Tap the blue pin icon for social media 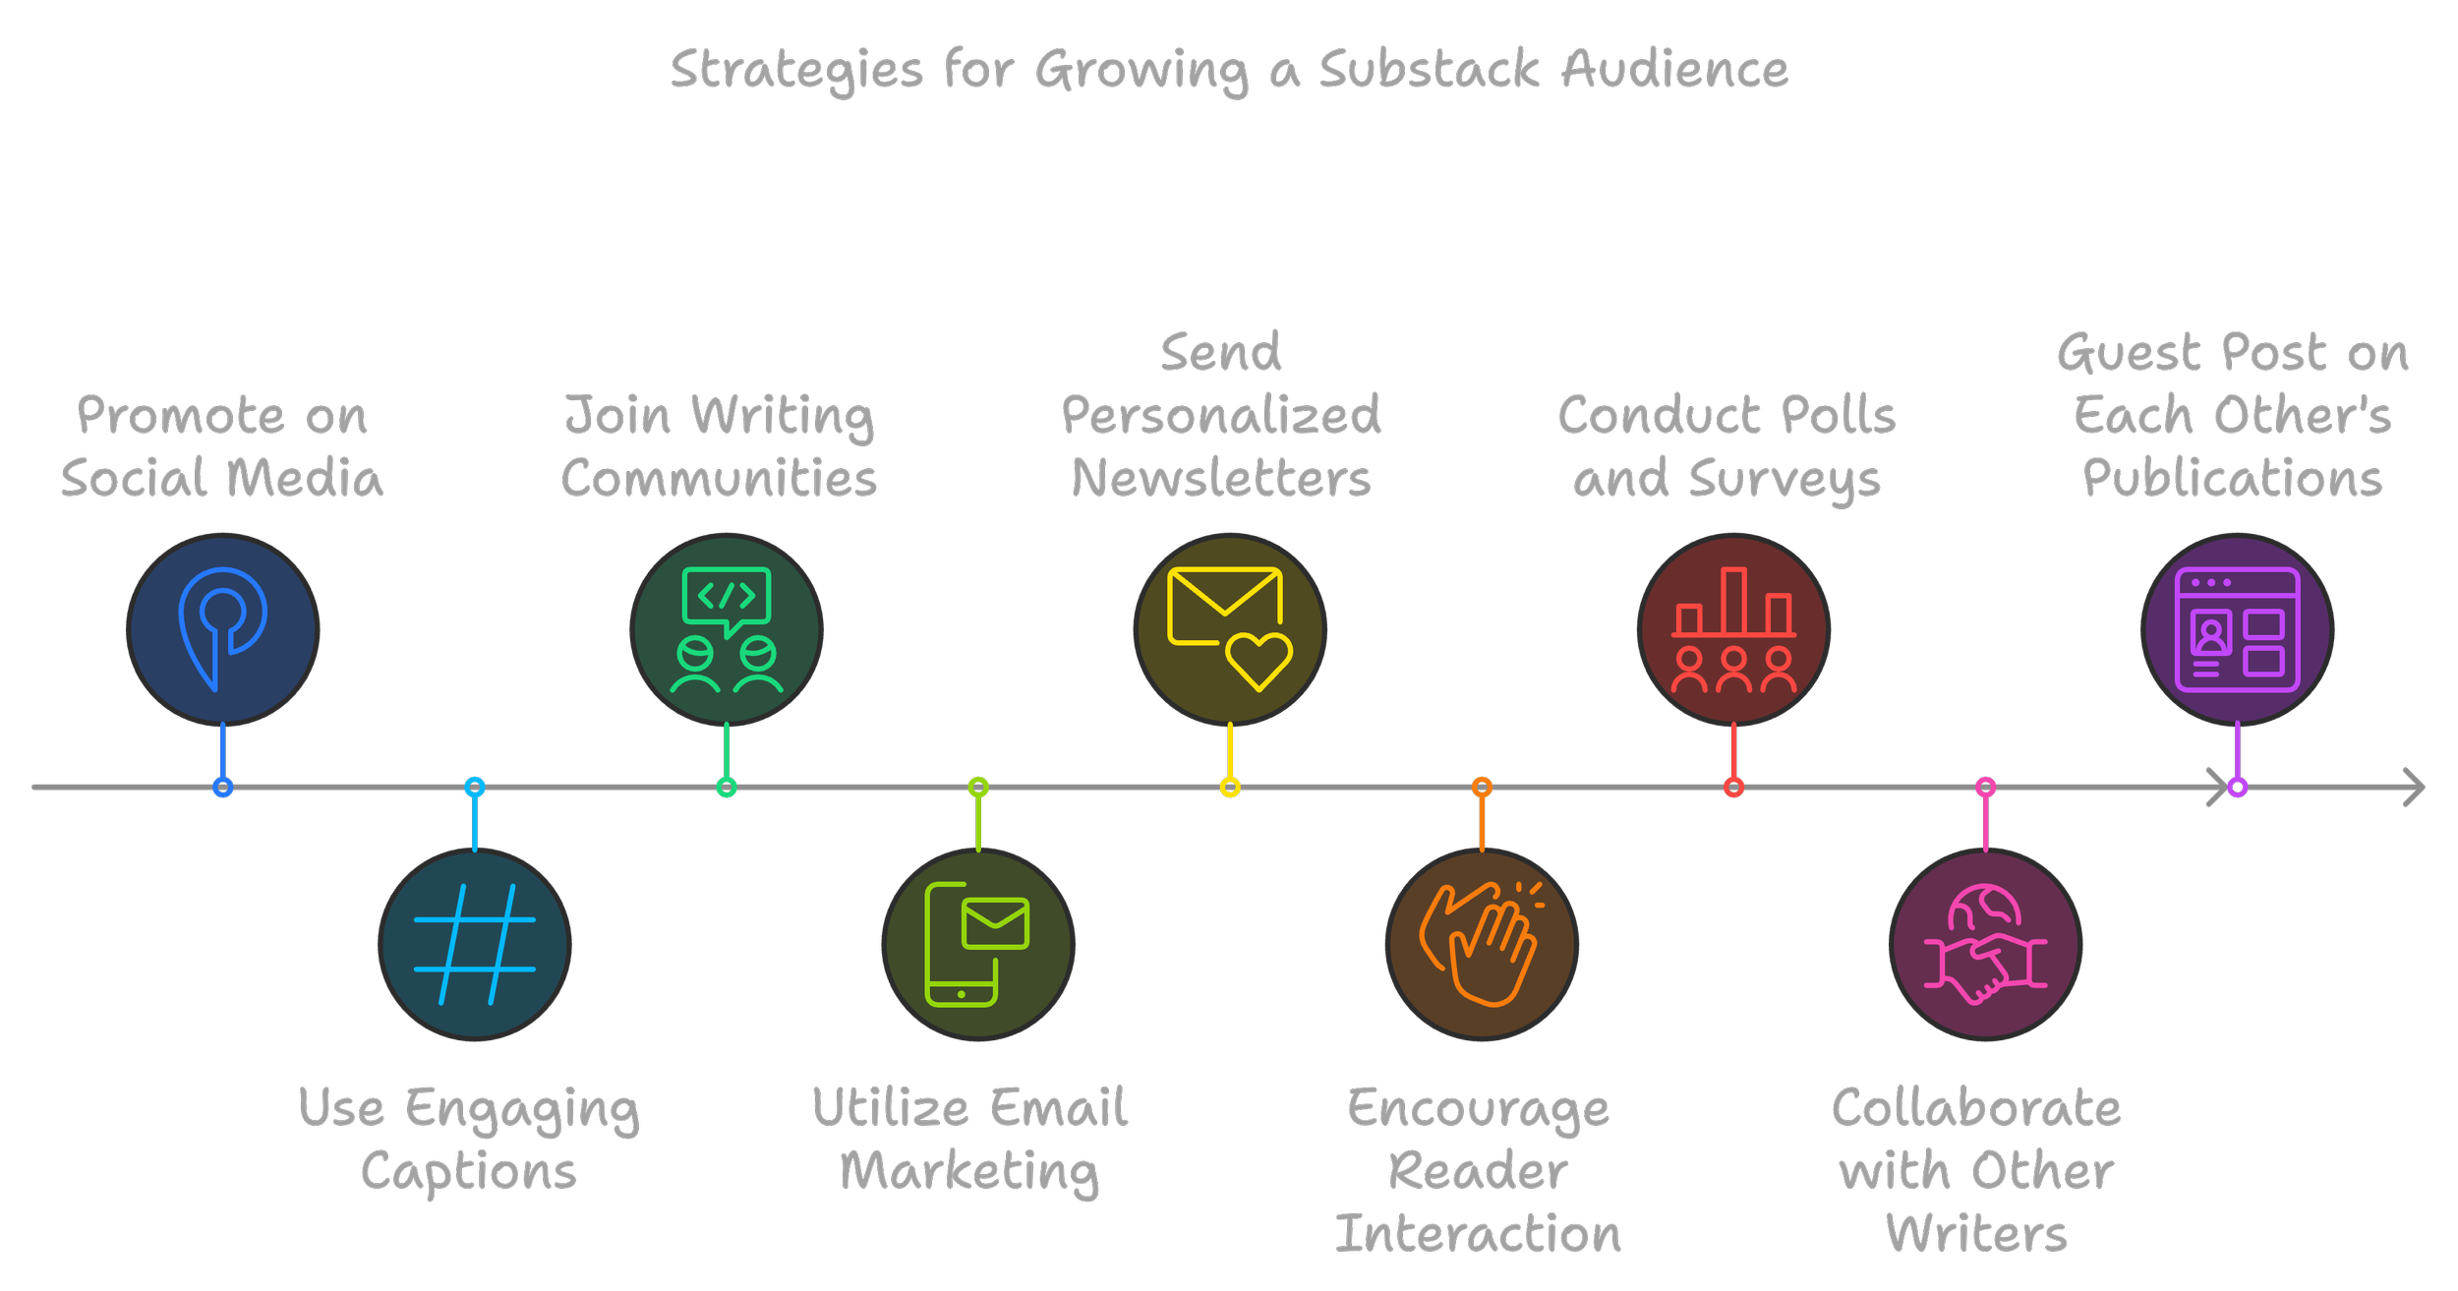pos(223,629)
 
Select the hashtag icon pos(475,944)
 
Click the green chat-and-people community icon pos(727,629)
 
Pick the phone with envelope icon pos(978,944)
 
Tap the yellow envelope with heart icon pos(1230,629)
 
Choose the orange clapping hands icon pos(1482,944)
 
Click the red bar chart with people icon pos(1733,629)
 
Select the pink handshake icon pos(1985,944)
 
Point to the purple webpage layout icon pos(2237,629)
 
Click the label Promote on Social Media pos(222,447)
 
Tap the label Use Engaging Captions pos(469,1140)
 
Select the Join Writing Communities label pos(719,447)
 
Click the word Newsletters pos(1221,479)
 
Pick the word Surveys pos(1785,480)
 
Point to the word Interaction pos(1478,1234)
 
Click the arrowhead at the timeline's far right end pos(2416,787)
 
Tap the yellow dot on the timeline pos(1230,787)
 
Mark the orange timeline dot pos(1482,787)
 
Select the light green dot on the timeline pos(978,787)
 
